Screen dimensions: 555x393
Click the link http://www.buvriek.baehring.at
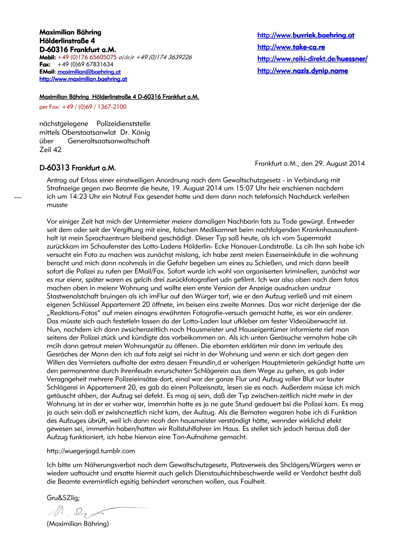(306, 35)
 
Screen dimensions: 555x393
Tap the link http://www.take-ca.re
(291, 47)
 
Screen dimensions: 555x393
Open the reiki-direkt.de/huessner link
(312, 59)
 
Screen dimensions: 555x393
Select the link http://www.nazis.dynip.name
(302, 71)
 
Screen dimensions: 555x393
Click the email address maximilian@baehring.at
(89, 72)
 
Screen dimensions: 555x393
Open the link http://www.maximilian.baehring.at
(83, 79)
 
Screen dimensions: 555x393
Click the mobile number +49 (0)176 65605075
(87, 57)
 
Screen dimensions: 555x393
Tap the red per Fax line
(83, 107)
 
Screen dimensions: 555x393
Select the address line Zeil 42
(50, 150)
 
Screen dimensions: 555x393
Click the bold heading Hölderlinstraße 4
(67, 41)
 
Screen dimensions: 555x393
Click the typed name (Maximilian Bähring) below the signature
(78, 524)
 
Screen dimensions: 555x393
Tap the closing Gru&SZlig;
(63, 498)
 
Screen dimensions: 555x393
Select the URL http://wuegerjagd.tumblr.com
(91, 451)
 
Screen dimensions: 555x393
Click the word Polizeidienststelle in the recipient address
(123, 124)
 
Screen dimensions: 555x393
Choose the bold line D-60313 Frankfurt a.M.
(78, 168)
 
